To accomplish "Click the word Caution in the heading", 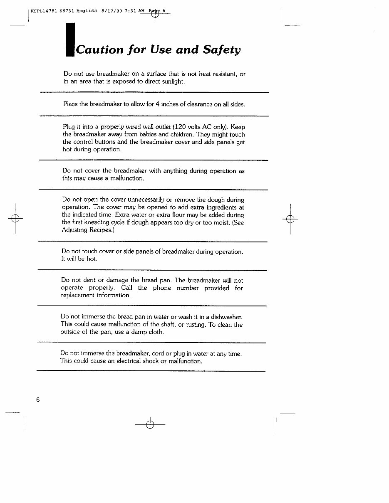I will [x=100, y=50].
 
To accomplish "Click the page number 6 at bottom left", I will [x=38, y=399].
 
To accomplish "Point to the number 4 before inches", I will [x=158, y=104].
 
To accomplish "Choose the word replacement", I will [x=77, y=296].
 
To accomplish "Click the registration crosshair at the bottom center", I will [x=150, y=424].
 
